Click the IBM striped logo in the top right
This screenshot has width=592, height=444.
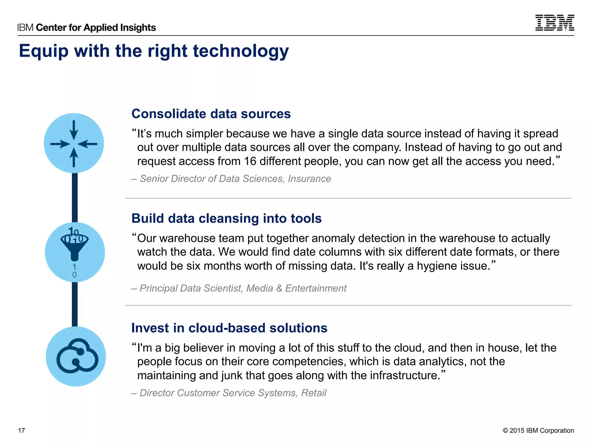pyautogui.click(x=554, y=23)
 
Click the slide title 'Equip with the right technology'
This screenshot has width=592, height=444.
pyautogui.click(x=154, y=51)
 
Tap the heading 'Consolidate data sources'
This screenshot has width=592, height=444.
pyautogui.click(x=211, y=114)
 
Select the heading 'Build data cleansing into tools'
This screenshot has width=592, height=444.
pyautogui.click(x=226, y=218)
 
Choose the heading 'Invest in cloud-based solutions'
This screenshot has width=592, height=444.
pyautogui.click(x=229, y=328)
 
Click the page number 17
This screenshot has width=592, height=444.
pyautogui.click(x=21, y=430)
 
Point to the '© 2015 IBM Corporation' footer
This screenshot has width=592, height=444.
pyautogui.click(x=538, y=430)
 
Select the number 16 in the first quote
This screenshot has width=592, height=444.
pyautogui.click(x=250, y=161)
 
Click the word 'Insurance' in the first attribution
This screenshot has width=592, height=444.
pyautogui.click(x=309, y=179)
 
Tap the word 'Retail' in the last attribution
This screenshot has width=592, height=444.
pyautogui.click(x=314, y=393)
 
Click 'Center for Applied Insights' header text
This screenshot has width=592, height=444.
pyautogui.click(x=96, y=27)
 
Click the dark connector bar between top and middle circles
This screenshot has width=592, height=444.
pyautogui.click(x=75, y=198)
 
